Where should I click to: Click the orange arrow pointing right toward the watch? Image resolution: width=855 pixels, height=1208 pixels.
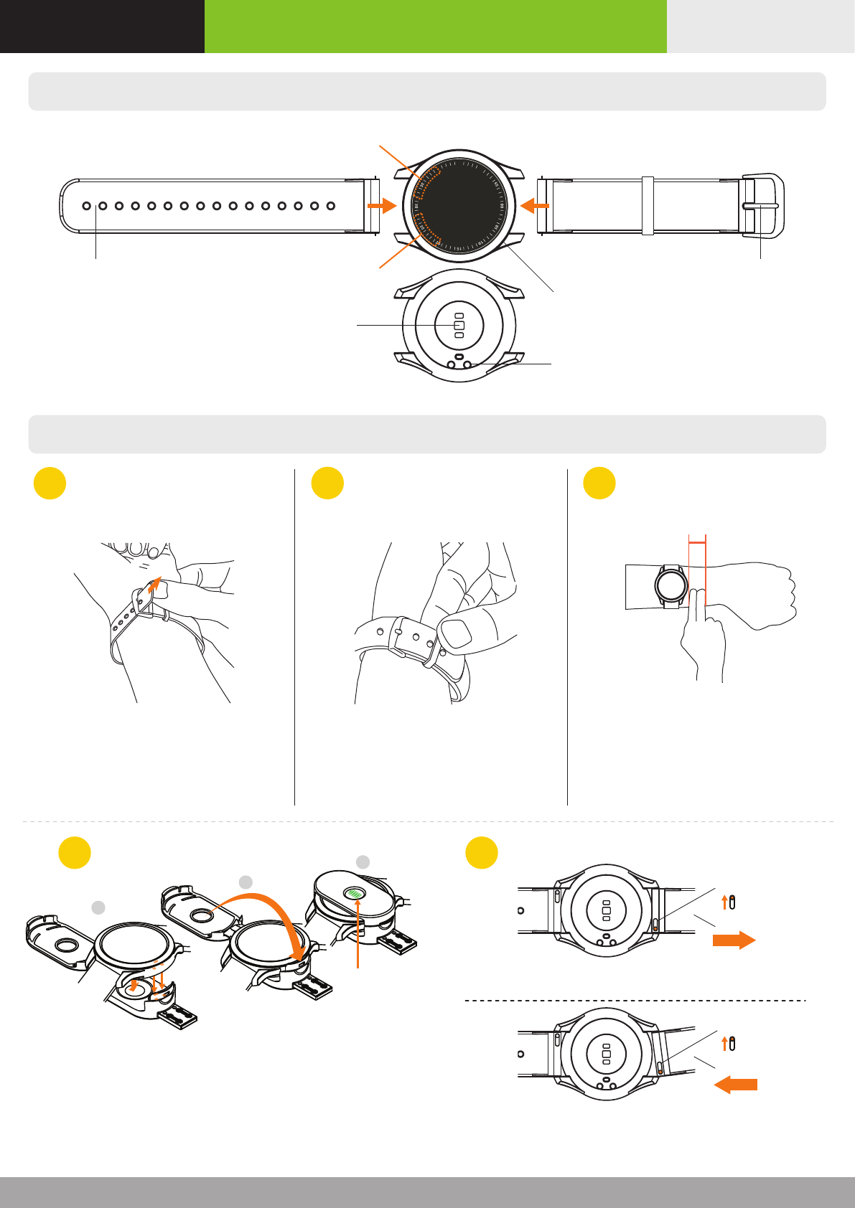click(381, 206)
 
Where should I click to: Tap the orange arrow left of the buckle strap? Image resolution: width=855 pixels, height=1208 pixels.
click(534, 206)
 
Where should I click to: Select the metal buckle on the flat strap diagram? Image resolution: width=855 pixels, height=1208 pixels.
click(764, 205)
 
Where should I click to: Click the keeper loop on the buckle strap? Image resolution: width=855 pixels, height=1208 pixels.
click(648, 205)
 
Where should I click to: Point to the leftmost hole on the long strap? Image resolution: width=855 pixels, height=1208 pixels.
click(87, 206)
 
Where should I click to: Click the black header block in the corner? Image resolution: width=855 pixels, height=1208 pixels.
click(102, 27)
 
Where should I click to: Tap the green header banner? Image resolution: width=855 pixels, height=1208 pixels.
click(435, 27)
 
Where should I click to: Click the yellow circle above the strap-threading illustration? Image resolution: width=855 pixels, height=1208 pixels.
click(50, 483)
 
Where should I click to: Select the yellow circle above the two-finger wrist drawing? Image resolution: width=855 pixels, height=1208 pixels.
click(599, 483)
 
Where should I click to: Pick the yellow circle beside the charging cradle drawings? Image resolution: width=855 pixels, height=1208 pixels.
click(75, 853)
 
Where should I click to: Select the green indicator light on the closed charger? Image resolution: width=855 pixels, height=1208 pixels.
click(354, 893)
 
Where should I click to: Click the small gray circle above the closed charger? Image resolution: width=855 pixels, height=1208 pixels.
click(363, 862)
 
